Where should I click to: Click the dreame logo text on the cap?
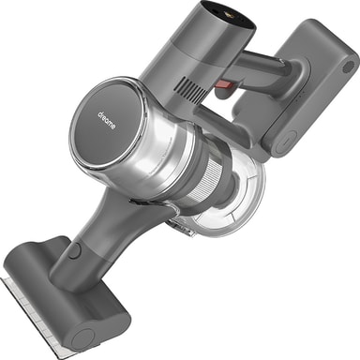(x=107, y=120)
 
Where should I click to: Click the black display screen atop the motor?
(x=228, y=14)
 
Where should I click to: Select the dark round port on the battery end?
(x=349, y=67)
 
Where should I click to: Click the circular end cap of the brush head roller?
(x=82, y=338)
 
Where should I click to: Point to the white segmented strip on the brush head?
(x=30, y=316)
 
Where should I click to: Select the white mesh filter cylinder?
(x=207, y=181)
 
